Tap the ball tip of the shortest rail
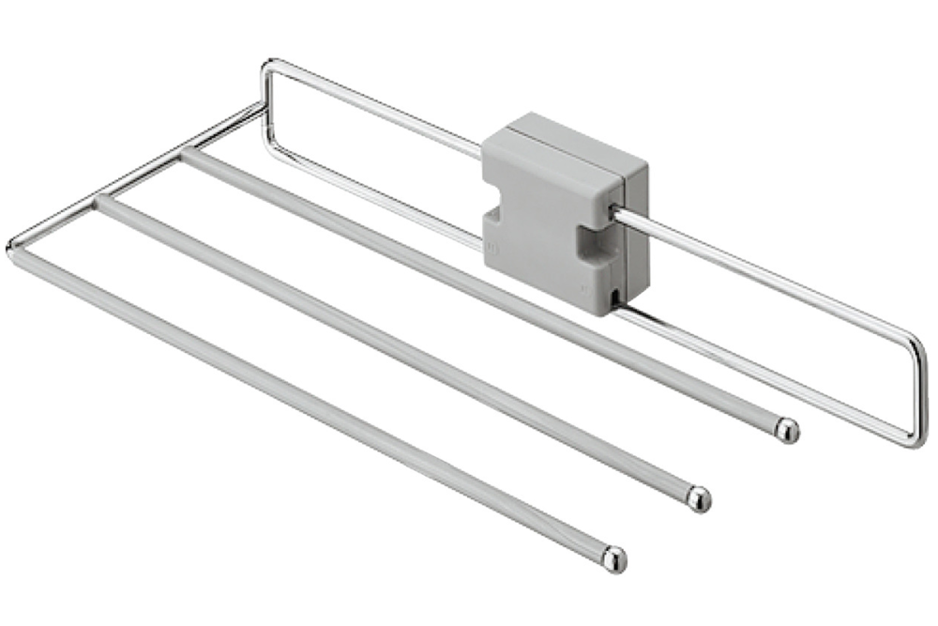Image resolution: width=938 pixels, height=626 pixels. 787,431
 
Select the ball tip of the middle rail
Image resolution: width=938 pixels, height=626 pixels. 698,498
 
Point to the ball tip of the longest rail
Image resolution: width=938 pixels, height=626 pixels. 614,558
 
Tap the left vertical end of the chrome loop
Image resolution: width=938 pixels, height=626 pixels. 265,103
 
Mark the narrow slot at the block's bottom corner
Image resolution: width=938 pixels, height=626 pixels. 612,299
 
